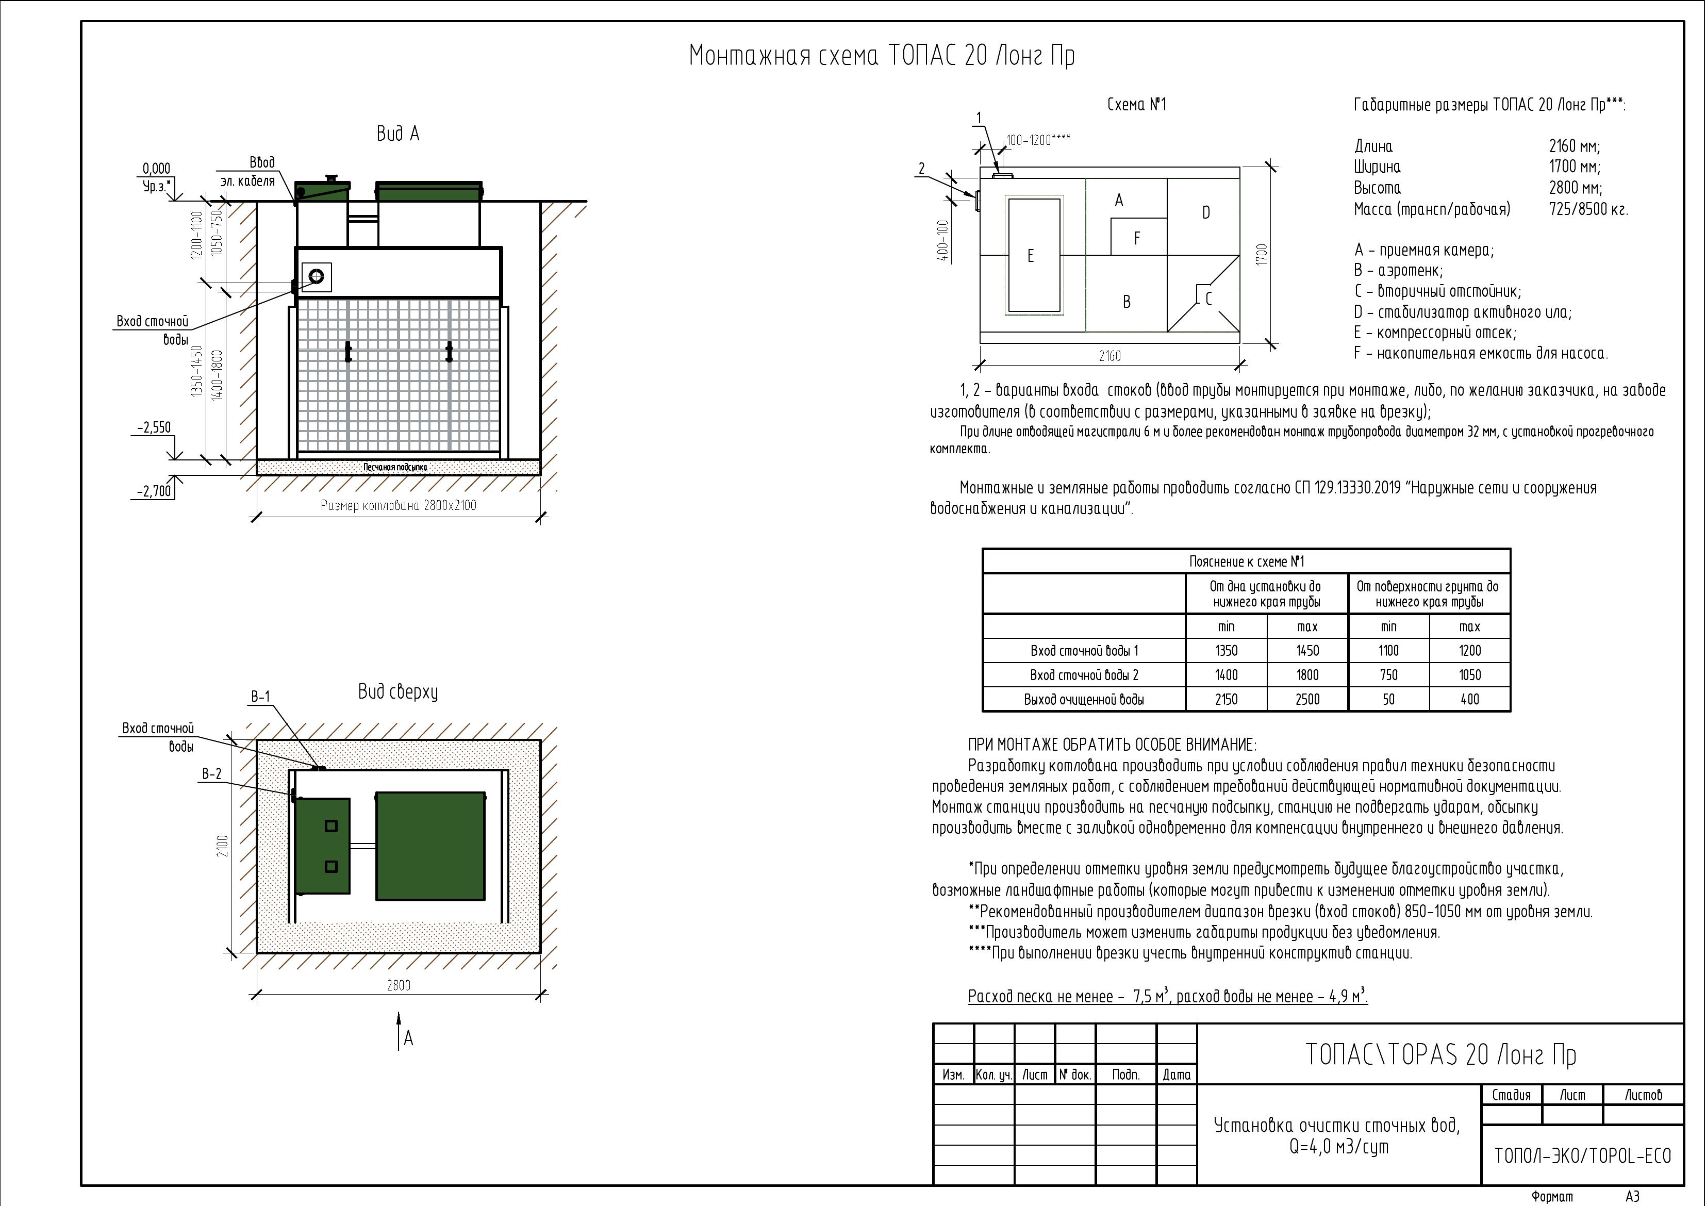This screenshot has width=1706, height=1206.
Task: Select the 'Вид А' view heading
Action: point(397,134)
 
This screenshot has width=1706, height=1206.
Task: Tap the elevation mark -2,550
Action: point(154,428)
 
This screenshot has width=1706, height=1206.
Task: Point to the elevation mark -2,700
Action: point(154,491)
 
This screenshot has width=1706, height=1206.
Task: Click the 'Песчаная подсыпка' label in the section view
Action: point(395,467)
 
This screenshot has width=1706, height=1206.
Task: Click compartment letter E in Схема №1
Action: point(1030,256)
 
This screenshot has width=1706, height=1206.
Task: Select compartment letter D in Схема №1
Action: point(1206,212)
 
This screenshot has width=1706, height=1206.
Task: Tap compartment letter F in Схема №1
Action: point(1137,239)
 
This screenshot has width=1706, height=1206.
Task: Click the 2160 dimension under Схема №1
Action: point(1109,356)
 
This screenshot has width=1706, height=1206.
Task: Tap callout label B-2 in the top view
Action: point(212,774)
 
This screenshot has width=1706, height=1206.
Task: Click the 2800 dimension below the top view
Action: point(398,985)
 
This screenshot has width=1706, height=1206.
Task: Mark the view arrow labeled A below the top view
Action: point(401,1031)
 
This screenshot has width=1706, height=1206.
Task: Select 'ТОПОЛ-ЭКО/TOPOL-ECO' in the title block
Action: point(1582,1155)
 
